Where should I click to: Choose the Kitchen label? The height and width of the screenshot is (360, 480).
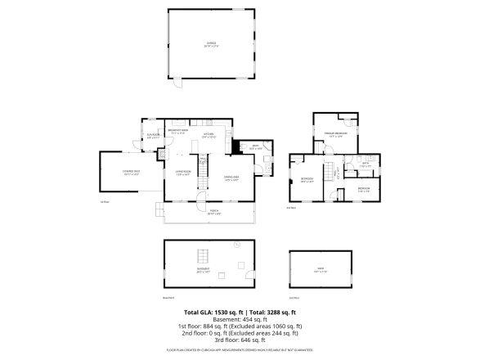tap(208, 135)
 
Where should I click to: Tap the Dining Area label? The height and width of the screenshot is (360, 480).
tap(231, 178)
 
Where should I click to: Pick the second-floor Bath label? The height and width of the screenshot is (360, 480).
tap(366, 164)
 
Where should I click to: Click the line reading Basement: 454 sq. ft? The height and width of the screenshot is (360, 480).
tap(240, 321)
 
